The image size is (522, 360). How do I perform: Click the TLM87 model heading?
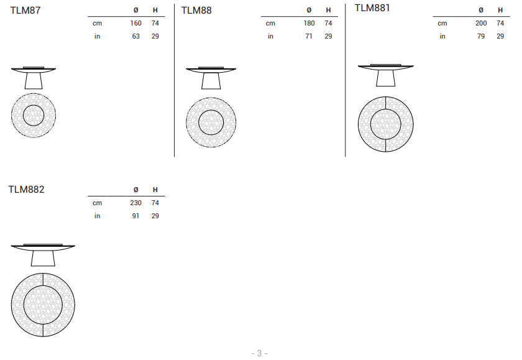(25, 11)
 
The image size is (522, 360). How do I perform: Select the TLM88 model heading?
(196, 11)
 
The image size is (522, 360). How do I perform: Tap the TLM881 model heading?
(372, 8)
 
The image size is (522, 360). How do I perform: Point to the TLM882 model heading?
(26, 190)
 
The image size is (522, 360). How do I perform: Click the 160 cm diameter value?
(136, 23)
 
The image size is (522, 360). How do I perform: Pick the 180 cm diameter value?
(309, 23)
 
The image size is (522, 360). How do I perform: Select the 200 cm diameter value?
(481, 23)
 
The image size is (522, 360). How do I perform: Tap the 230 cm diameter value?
(136, 203)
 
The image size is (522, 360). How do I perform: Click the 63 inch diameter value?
(136, 36)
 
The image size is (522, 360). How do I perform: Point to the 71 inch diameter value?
(309, 36)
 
